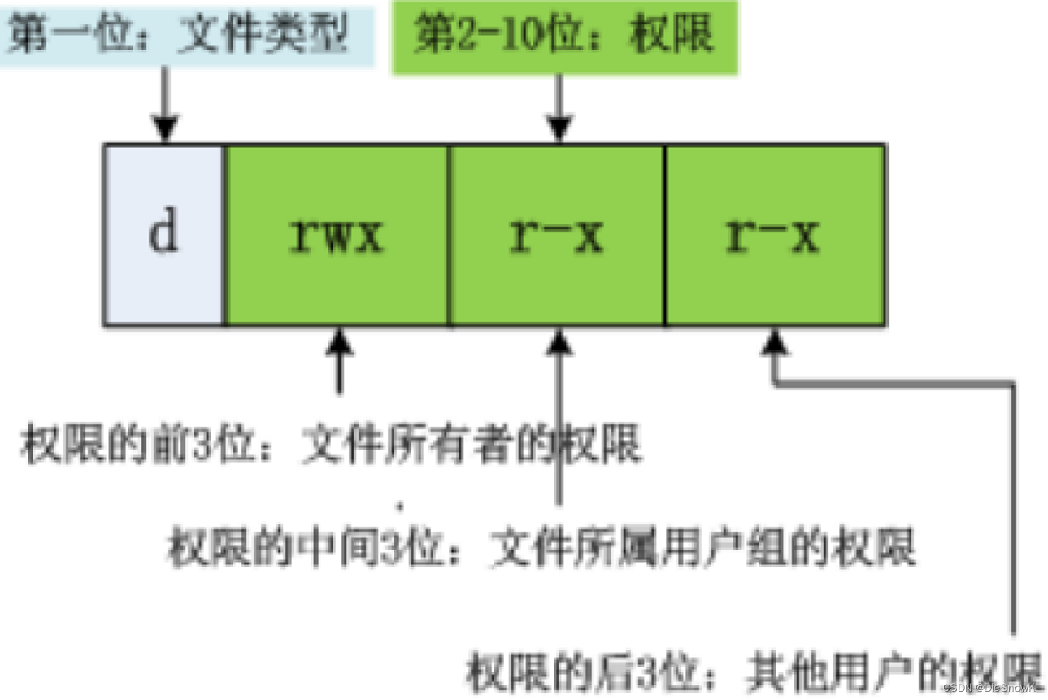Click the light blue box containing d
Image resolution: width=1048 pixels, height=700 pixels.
click(x=163, y=235)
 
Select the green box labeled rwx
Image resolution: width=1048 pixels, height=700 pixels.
click(x=336, y=235)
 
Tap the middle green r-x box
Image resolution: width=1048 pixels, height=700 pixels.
click(x=557, y=235)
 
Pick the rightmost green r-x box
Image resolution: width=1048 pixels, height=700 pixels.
click(x=774, y=235)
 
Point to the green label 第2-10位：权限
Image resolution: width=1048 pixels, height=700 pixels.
click(x=564, y=35)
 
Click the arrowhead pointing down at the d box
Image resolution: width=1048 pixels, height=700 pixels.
click(x=165, y=128)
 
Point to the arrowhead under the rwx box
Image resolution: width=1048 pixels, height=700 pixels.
click(x=340, y=341)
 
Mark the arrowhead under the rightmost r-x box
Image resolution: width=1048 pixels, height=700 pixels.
click(x=774, y=341)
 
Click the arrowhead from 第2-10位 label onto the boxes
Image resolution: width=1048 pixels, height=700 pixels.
click(x=559, y=128)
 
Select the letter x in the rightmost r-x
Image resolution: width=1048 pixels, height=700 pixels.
click(x=804, y=237)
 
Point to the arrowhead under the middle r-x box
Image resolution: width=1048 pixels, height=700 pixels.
click(x=559, y=341)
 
